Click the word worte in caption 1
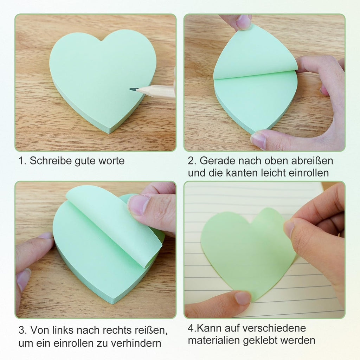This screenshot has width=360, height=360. (111, 161)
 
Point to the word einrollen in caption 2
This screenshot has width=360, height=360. (309, 173)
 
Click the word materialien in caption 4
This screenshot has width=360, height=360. (214, 340)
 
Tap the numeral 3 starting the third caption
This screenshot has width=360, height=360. (21, 330)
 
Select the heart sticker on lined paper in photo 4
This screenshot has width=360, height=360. (247, 252)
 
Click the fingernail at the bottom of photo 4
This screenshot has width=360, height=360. (243, 298)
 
